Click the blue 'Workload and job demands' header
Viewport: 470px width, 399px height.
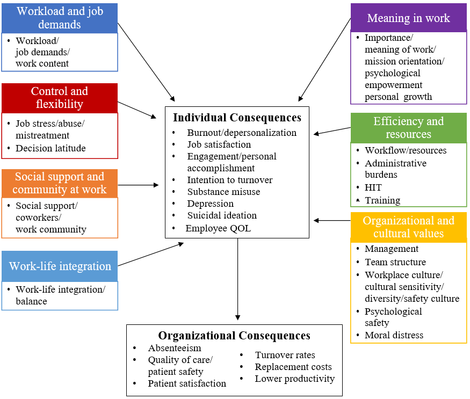tap(59, 18)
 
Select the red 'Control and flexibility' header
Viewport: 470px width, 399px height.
tap(59, 98)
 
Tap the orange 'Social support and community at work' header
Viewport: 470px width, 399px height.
tap(59, 183)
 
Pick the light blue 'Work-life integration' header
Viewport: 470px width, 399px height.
tap(60, 266)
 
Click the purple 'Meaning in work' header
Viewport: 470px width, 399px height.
tap(408, 18)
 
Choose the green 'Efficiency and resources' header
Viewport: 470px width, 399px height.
tap(408, 128)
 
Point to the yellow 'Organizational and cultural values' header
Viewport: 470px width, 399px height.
tap(408, 227)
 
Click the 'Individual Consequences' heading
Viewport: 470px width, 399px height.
tap(237, 117)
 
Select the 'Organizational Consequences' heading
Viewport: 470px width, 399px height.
tap(234, 336)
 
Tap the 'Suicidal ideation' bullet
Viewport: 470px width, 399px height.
tap(222, 215)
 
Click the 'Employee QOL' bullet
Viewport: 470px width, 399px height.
tap(218, 228)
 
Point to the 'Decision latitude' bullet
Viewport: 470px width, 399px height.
tap(50, 148)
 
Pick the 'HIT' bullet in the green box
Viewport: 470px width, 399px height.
tap(373, 187)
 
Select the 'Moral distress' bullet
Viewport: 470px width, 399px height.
tap(394, 335)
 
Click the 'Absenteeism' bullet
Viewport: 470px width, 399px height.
tap(175, 348)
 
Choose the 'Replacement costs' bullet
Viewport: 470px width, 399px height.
tap(293, 367)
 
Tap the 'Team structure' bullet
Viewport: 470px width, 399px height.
tap(395, 262)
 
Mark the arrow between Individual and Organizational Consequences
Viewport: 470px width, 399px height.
tap(237, 279)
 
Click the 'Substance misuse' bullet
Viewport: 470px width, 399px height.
tap(223, 192)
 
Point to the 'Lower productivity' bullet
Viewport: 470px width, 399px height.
tap(294, 379)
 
